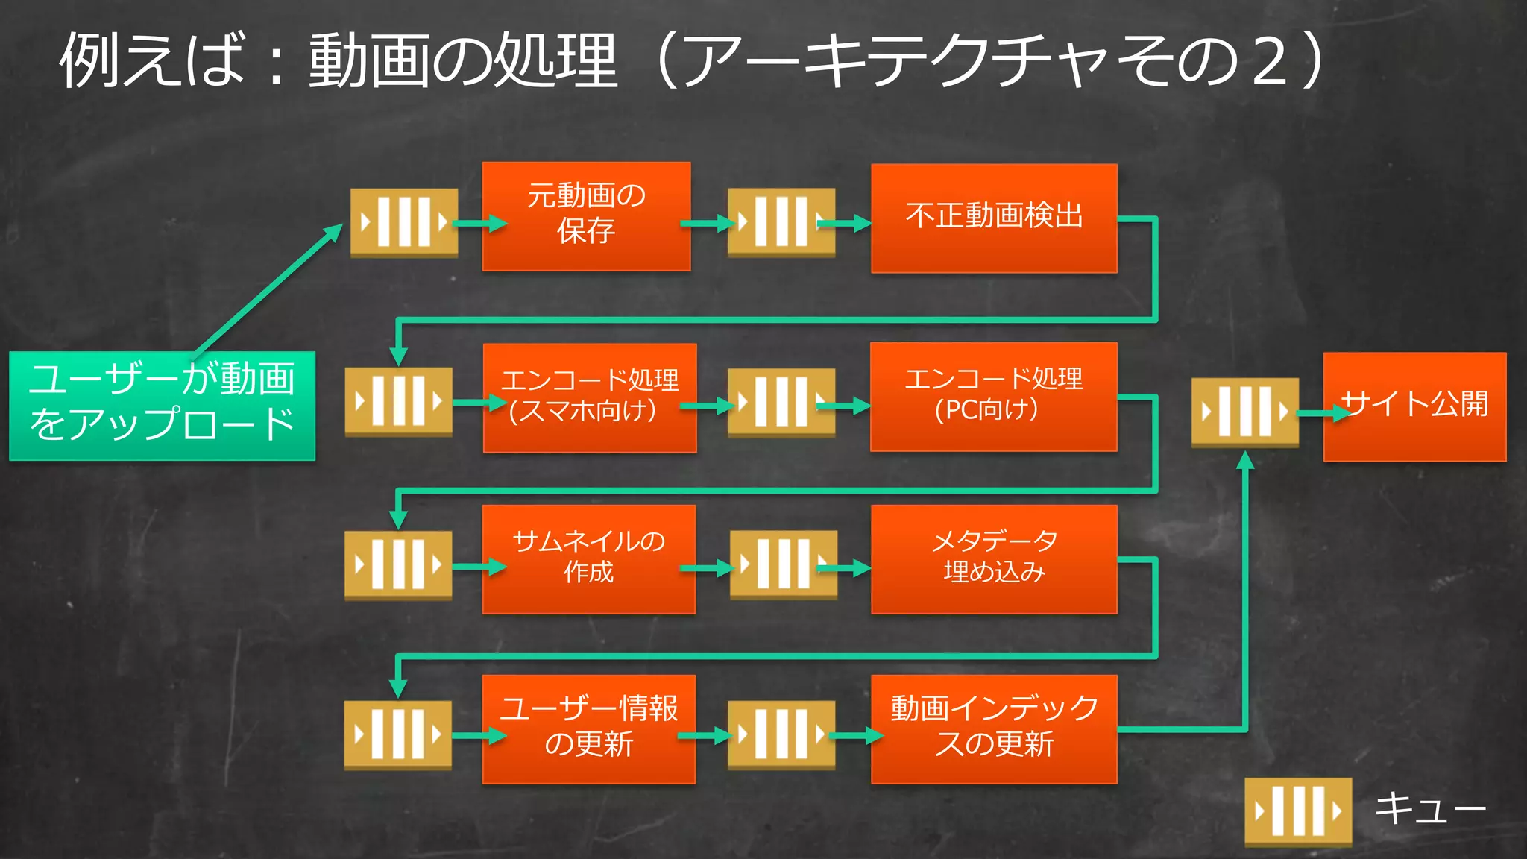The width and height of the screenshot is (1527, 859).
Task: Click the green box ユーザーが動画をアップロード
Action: [x=162, y=406]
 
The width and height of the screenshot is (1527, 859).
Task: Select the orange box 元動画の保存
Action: [x=586, y=216]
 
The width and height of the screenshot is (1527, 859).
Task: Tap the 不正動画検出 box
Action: [x=994, y=218]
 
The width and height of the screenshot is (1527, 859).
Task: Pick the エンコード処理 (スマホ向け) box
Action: [x=589, y=397]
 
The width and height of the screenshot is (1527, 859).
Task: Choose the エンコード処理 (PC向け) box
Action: [x=993, y=397]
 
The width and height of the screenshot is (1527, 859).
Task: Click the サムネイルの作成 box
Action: [x=588, y=559]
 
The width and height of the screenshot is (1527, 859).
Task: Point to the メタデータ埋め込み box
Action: [x=994, y=559]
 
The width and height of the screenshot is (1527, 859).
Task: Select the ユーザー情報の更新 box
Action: [x=588, y=729]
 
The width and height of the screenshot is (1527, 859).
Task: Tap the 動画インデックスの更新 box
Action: [x=994, y=729]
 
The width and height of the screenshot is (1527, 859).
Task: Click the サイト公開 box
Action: [x=1414, y=406]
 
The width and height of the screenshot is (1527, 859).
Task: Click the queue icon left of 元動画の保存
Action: [x=404, y=222]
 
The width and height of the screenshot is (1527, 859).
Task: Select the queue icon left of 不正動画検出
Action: [x=781, y=222]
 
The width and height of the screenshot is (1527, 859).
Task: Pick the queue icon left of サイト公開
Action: [x=1244, y=412]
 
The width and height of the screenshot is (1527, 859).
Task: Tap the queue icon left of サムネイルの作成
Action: [x=398, y=564]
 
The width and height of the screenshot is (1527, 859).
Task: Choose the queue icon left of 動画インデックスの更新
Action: [x=781, y=734]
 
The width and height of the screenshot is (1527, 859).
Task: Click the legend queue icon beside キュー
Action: [x=1297, y=811]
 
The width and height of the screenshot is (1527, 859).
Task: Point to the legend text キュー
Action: [x=1430, y=808]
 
